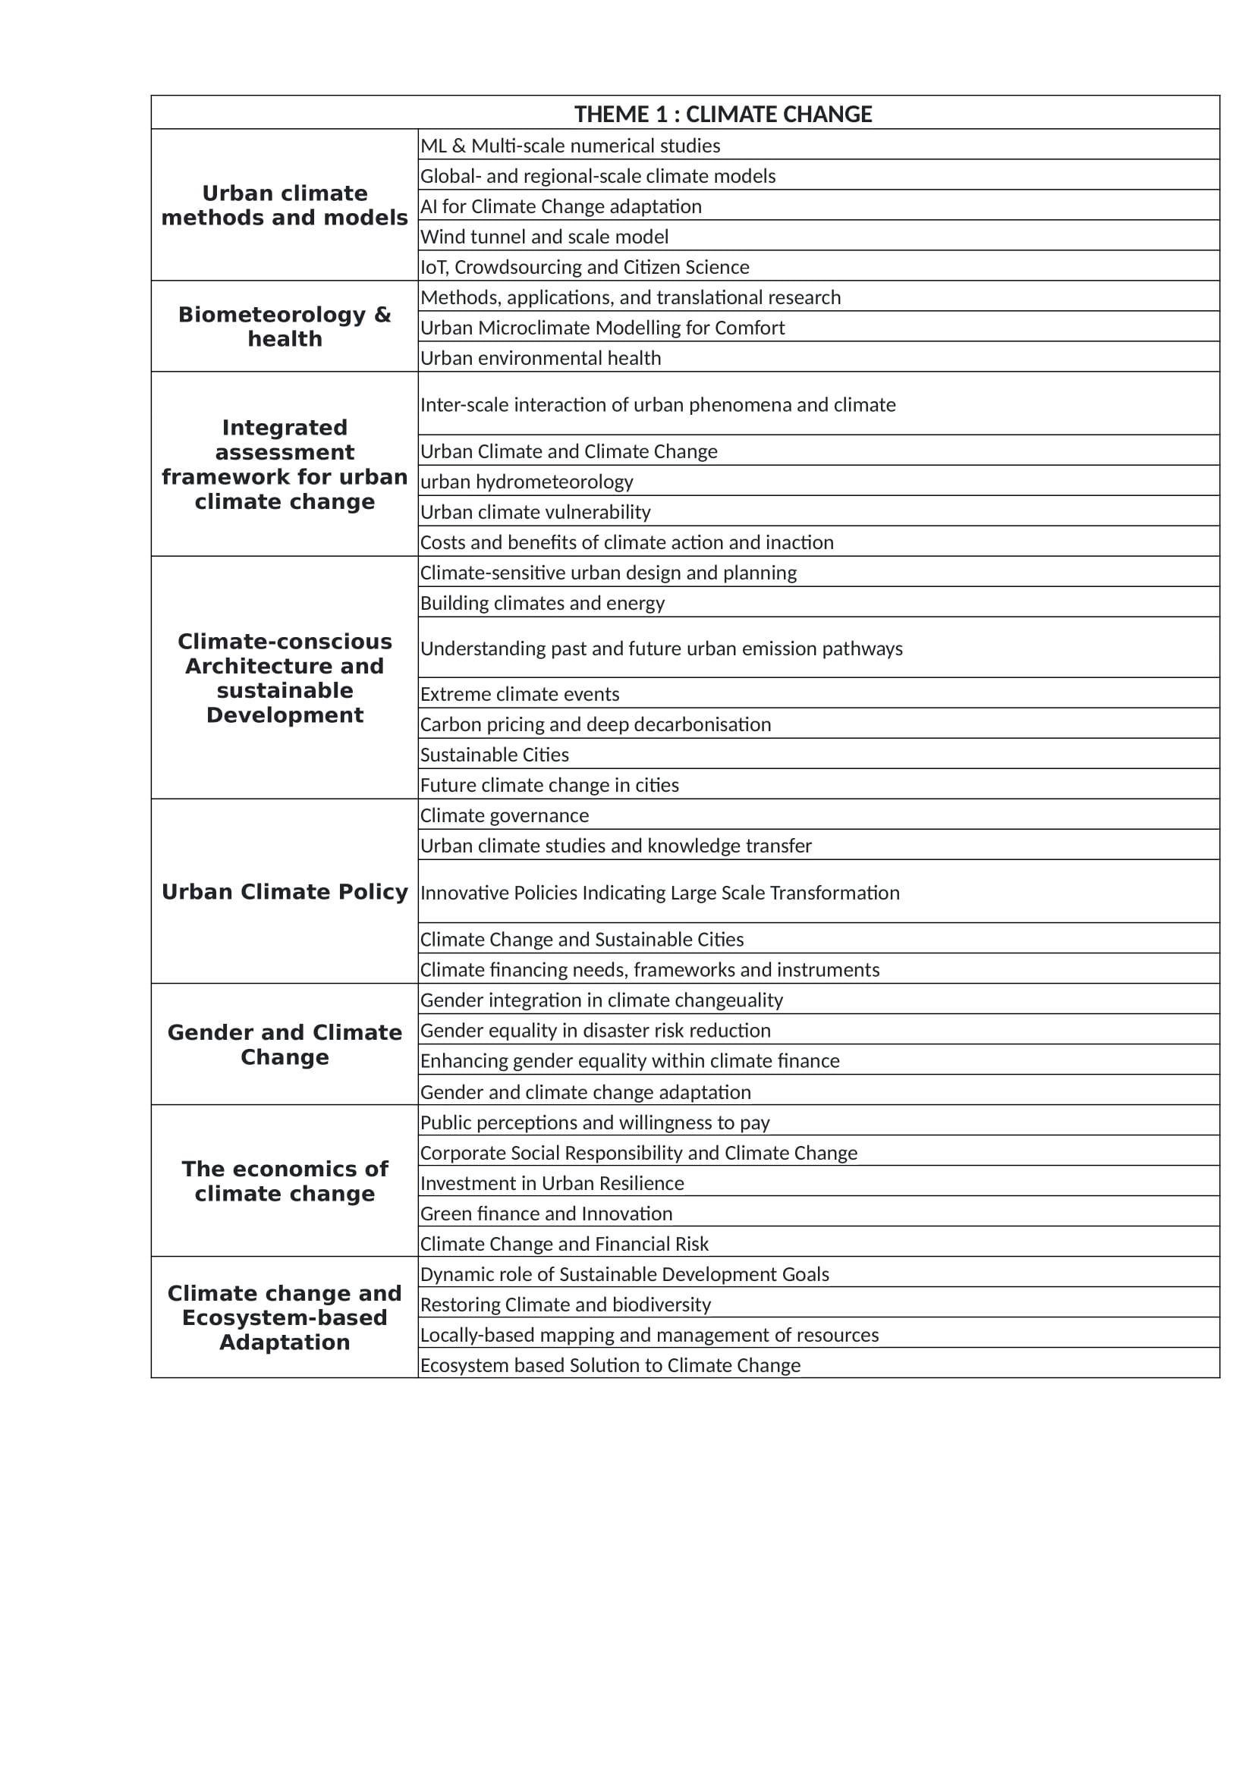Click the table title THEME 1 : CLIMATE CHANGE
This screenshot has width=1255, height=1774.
722,115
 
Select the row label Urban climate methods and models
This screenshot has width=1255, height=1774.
285,206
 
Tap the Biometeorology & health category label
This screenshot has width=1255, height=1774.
285,327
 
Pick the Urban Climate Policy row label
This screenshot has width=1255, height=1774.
285,892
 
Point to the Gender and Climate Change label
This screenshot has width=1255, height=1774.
285,1044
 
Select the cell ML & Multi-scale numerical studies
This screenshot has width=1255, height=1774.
571,146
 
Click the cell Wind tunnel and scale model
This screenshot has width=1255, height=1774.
544,237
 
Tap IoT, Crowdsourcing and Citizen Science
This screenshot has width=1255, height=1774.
584,267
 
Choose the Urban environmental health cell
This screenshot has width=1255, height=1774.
540,359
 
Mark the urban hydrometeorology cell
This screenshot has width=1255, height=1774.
527,482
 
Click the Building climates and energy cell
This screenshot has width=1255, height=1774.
542,604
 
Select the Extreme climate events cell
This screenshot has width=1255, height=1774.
519,695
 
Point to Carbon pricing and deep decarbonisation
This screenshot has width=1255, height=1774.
595,725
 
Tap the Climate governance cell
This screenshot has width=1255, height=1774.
504,816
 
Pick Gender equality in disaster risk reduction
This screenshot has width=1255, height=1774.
595,1031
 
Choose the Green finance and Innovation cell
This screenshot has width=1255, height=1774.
546,1214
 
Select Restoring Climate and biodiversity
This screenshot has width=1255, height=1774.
565,1305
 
